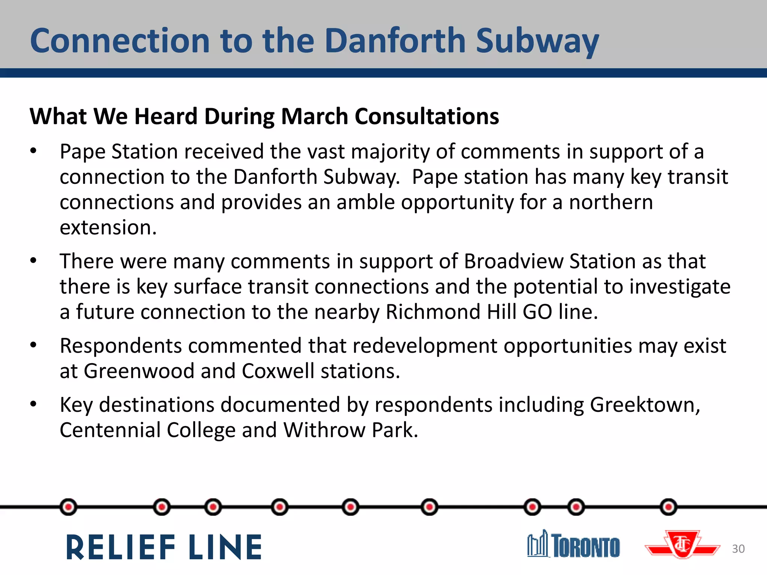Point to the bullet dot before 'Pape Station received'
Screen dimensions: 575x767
click(33, 151)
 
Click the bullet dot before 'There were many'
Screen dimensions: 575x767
click(33, 261)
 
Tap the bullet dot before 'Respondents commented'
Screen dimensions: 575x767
click(33, 345)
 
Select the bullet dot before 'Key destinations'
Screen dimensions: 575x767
click(33, 404)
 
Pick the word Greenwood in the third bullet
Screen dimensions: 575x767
click(139, 371)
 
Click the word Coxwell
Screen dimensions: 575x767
click(278, 371)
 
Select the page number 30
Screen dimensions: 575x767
click(738, 549)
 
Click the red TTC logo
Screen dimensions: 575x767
click(682, 545)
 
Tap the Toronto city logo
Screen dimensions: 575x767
click(573, 545)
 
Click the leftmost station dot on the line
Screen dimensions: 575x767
click(69, 507)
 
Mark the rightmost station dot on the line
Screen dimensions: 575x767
click(669, 507)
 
